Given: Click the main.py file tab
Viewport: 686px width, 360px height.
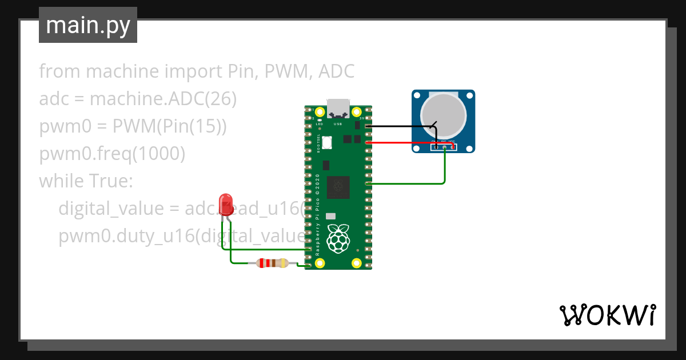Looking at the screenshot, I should click(x=88, y=26).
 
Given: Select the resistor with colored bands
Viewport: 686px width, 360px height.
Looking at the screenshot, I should click(x=272, y=263).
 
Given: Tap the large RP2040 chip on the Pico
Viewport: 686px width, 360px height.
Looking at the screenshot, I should click(x=338, y=187).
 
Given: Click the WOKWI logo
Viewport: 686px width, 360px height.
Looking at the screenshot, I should click(x=607, y=315).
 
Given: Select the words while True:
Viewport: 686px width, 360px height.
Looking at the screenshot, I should click(x=86, y=181).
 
